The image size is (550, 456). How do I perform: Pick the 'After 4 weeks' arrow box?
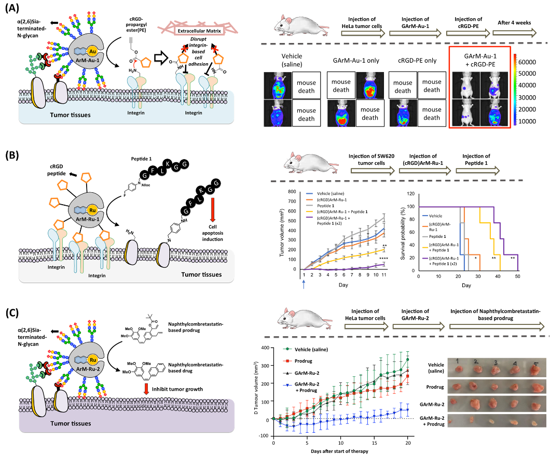point(516,34)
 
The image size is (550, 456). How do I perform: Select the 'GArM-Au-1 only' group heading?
point(357,61)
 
